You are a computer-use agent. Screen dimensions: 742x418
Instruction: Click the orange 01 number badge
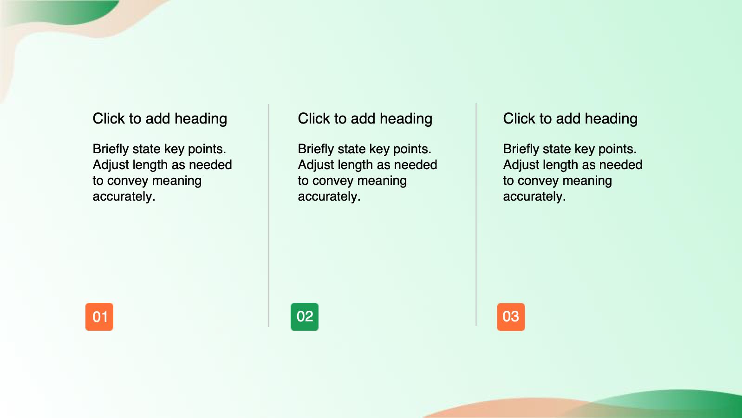[99, 317]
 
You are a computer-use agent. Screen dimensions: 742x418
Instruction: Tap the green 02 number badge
[305, 317]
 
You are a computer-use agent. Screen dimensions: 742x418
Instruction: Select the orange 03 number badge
[511, 317]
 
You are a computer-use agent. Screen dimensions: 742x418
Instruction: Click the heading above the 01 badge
[160, 119]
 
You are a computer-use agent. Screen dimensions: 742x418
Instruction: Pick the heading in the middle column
[365, 119]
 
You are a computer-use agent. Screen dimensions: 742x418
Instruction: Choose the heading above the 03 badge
[570, 119]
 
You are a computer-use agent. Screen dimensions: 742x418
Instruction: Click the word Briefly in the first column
[111, 150]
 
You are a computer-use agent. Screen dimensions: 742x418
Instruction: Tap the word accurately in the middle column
[329, 196]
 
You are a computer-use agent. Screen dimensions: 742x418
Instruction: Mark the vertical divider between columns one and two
[269, 216]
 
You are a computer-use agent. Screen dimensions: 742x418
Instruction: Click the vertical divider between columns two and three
[476, 215]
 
